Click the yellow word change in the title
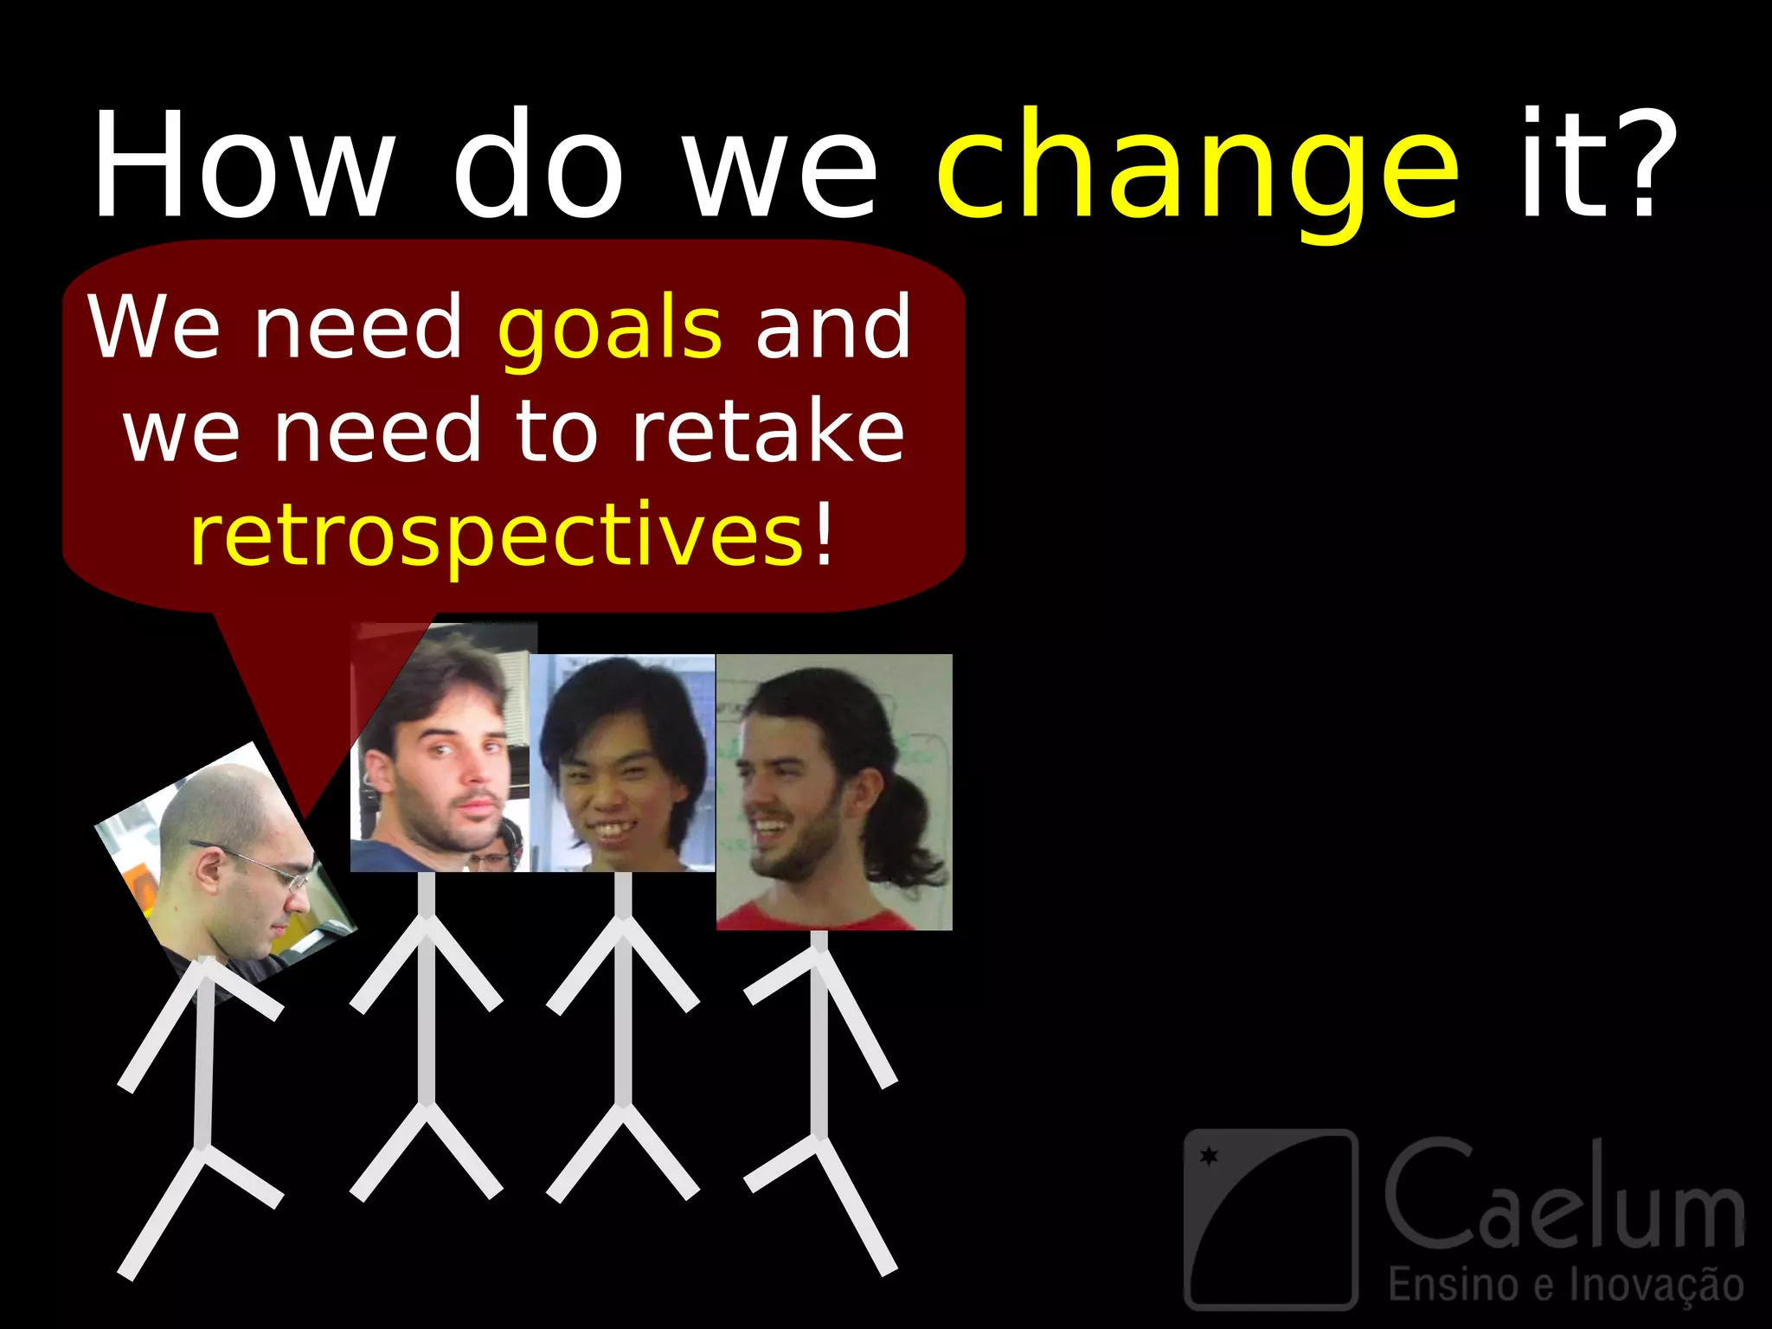click(1198, 169)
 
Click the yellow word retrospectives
click(497, 536)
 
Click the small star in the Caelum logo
click(1209, 1155)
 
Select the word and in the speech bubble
click(832, 329)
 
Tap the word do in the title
click(538, 164)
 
